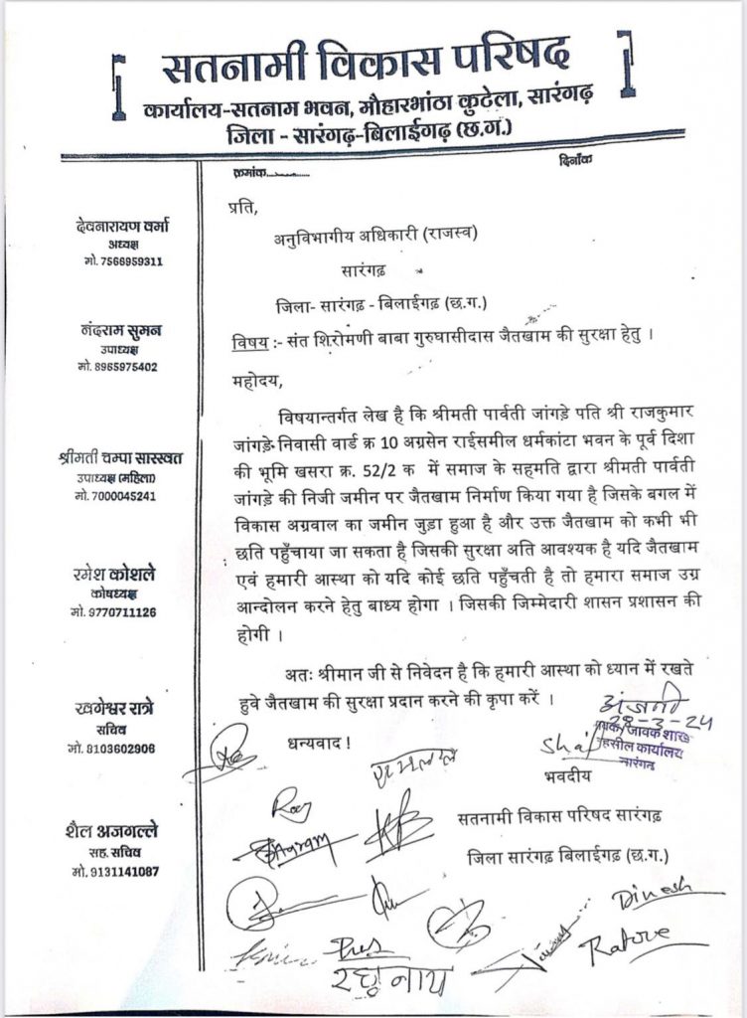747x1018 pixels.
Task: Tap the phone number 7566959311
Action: coord(126,262)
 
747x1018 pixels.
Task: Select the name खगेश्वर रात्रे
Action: coord(117,710)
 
